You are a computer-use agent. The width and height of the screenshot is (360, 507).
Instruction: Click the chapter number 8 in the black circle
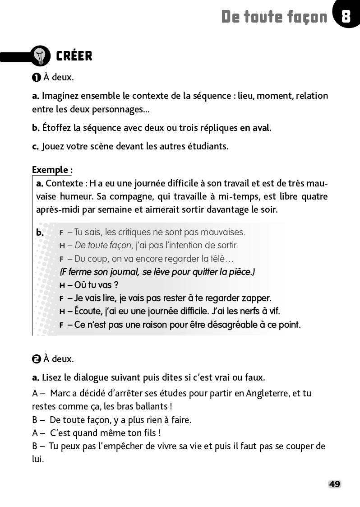click(x=346, y=17)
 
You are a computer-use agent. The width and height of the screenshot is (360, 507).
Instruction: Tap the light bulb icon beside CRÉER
click(x=41, y=56)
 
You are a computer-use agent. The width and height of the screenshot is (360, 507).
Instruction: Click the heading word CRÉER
click(x=74, y=56)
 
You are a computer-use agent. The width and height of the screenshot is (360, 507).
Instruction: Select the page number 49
click(x=334, y=484)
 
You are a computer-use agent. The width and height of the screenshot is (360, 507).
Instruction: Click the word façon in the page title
click(x=307, y=17)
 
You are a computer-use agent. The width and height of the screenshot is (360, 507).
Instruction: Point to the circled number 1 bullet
click(x=37, y=78)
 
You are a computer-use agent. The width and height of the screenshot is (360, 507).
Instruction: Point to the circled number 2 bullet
click(x=37, y=359)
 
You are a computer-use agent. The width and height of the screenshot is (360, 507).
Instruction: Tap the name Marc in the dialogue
click(x=60, y=393)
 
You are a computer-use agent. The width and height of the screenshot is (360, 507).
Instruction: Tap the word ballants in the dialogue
click(x=153, y=406)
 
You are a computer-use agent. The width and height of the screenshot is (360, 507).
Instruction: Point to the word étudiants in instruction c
click(x=209, y=146)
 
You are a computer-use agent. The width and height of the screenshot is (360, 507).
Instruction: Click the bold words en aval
click(x=254, y=127)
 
